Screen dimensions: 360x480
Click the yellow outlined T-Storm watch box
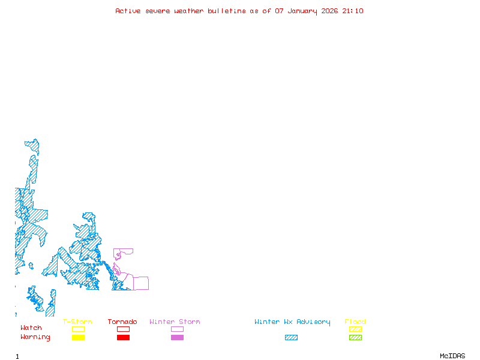(78, 329)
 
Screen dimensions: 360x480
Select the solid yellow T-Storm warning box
(78, 338)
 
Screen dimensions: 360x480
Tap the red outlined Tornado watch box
(123, 329)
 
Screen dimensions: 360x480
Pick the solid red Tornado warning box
(123, 338)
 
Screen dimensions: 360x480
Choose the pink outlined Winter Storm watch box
(177, 329)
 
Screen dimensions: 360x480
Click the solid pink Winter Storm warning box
(177, 338)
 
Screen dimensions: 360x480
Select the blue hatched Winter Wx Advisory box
(291, 338)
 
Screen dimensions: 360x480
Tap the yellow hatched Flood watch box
(355, 329)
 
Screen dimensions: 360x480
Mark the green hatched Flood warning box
(355, 338)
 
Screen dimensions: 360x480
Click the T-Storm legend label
(77, 322)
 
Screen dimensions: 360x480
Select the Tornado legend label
(122, 322)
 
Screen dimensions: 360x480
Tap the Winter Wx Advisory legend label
(292, 322)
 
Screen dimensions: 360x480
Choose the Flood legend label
(355, 322)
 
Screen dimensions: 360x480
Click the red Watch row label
(31, 328)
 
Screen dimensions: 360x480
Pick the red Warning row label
(35, 337)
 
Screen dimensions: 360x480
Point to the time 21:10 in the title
(353, 11)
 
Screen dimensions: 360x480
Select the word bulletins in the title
(227, 11)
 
